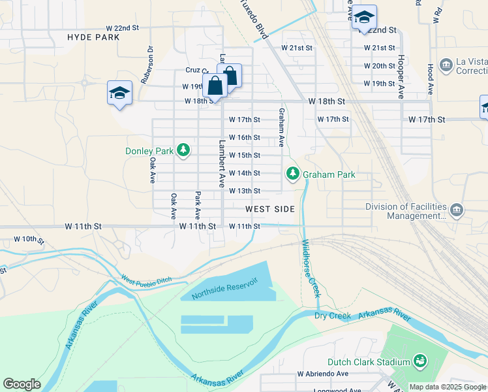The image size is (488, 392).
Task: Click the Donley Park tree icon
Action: pos(184,151)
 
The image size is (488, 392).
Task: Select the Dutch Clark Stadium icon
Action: pos(421,361)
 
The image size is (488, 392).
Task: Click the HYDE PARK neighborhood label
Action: pos(93,37)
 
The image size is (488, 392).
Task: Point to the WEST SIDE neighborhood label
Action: pos(270,209)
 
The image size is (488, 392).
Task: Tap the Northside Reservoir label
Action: pos(225,288)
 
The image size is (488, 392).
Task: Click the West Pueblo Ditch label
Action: pos(145,280)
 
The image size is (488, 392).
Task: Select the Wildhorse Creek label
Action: pos(310,269)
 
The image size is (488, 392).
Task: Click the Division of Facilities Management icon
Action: pos(457,210)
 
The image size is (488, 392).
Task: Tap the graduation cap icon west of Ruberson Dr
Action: pos(120,93)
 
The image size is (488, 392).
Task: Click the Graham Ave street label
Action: pos(282,127)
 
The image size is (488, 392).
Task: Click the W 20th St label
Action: pos(379,66)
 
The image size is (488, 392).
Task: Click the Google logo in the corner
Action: pos(22,384)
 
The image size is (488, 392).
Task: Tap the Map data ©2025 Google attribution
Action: pos(448,387)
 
